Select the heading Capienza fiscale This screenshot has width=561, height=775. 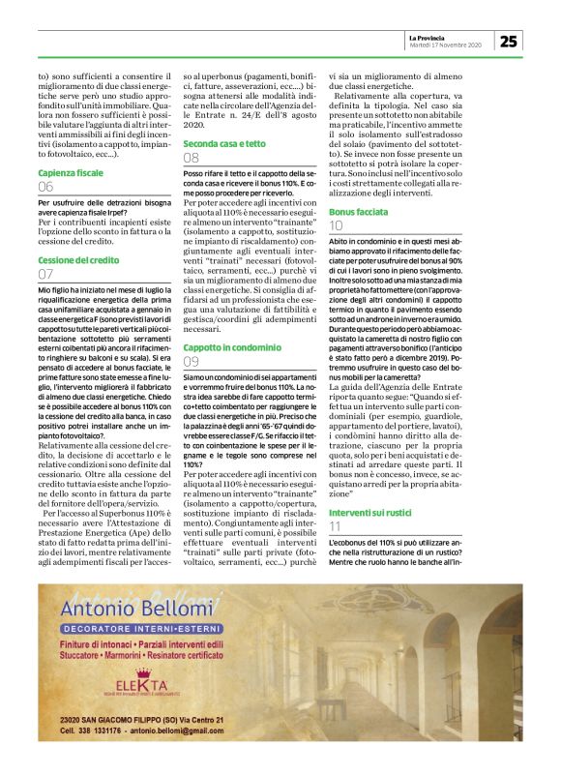point(70,172)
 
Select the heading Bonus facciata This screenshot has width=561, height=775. point(361,210)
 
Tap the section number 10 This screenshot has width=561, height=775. point(336,224)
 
